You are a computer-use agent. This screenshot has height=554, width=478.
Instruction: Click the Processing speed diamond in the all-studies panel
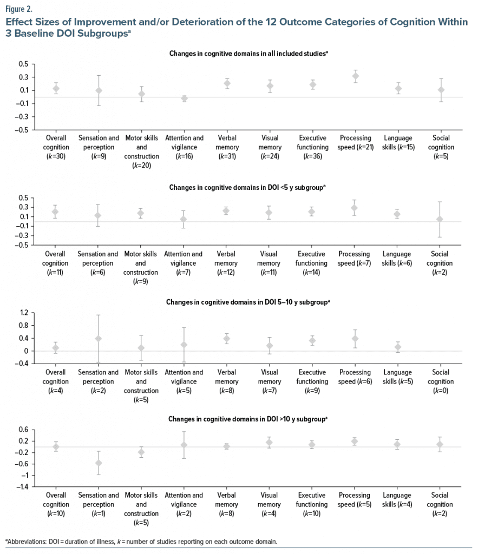(355, 76)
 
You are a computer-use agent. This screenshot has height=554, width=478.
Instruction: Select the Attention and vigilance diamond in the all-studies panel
(184, 98)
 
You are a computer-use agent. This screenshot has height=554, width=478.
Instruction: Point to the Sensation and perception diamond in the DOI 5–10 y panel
(98, 339)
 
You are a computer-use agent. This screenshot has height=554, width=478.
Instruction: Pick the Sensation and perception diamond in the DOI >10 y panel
(98, 463)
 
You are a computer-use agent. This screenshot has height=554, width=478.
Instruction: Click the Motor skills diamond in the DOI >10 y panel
(141, 452)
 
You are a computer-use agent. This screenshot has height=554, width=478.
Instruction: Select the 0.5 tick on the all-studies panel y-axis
(23, 64)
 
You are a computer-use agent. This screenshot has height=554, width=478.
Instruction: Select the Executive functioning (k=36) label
(312, 147)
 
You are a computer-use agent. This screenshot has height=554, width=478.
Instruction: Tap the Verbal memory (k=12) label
(227, 263)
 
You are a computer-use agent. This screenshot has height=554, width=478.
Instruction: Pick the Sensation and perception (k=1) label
(98, 504)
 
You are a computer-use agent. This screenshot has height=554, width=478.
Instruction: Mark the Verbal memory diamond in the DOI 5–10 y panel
(227, 339)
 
